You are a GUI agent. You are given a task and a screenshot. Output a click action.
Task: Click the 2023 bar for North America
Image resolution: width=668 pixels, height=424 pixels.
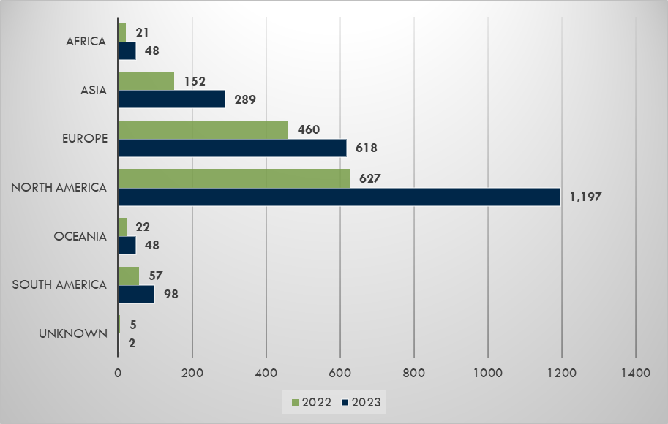pyautogui.click(x=339, y=197)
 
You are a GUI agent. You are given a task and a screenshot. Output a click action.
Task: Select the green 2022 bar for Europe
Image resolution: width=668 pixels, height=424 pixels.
pyautogui.click(x=203, y=129)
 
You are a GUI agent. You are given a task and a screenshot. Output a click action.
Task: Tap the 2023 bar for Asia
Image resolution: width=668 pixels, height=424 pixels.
pyautogui.click(x=171, y=99)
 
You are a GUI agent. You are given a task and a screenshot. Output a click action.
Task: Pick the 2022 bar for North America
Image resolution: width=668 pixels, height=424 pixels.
pyautogui.click(x=233, y=178)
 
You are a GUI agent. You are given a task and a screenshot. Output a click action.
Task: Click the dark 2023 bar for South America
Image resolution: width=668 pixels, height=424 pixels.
pyautogui.click(x=136, y=294)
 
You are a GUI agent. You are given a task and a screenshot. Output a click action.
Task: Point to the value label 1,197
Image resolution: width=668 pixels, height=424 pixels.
pyautogui.click(x=585, y=197)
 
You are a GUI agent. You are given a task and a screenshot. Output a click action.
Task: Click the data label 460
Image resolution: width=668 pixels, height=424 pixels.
pyautogui.click(x=309, y=129)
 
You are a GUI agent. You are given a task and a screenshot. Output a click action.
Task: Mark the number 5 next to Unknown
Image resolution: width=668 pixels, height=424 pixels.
pyautogui.click(x=132, y=325)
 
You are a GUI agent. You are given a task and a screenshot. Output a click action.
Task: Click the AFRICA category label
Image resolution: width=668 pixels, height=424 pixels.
pyautogui.click(x=86, y=42)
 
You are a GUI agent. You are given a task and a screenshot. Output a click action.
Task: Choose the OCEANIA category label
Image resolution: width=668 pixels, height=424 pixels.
pyautogui.click(x=80, y=236)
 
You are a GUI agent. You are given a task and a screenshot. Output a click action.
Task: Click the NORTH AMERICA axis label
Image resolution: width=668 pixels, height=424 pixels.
pyautogui.click(x=59, y=188)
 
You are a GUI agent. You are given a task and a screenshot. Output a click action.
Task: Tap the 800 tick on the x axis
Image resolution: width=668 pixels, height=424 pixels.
pyautogui.click(x=414, y=373)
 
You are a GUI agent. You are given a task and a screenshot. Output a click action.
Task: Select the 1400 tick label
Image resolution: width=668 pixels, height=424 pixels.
pyautogui.click(x=635, y=373)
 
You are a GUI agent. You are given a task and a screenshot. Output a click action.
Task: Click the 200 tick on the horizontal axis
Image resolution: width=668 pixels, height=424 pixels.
pyautogui.click(x=192, y=373)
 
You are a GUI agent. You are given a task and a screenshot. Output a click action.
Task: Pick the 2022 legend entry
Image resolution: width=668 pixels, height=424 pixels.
pyautogui.click(x=307, y=402)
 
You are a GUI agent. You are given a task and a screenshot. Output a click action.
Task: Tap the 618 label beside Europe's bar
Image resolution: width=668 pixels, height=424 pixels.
pyautogui.click(x=366, y=148)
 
